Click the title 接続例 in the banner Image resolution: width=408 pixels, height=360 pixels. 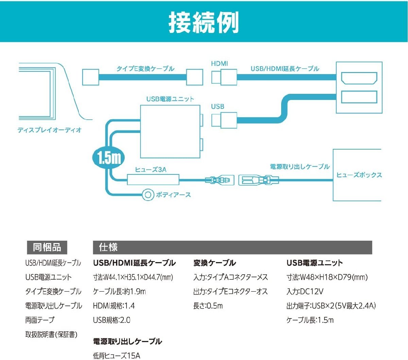click(x=204, y=22)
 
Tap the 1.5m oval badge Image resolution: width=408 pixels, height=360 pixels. click(x=109, y=158)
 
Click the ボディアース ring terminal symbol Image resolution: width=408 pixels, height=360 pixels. click(x=148, y=195)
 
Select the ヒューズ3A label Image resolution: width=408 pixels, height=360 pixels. click(x=151, y=169)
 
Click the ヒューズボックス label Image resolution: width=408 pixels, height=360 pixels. click(x=359, y=175)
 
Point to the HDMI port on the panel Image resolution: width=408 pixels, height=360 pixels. click(x=359, y=78)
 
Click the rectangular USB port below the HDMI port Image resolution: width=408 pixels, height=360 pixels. click(x=359, y=97)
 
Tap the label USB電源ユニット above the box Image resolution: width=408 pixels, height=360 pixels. click(x=170, y=99)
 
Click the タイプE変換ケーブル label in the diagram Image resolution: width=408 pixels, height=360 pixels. click(x=145, y=69)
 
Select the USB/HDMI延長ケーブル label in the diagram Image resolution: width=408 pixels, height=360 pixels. click(x=285, y=69)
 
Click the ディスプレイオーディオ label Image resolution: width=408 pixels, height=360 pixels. click(x=50, y=130)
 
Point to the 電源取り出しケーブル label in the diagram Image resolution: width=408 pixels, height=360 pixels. click(x=300, y=167)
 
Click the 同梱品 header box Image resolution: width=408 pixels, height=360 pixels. click(x=47, y=247)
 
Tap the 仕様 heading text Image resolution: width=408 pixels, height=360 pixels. click(x=108, y=247)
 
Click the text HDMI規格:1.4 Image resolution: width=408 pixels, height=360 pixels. click(x=114, y=306)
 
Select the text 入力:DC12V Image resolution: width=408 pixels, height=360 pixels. click(x=305, y=291)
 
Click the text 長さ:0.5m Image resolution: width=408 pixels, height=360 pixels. click(x=208, y=306)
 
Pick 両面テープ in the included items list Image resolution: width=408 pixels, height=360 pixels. click(x=39, y=320)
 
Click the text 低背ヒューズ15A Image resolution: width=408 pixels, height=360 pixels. click(x=117, y=356)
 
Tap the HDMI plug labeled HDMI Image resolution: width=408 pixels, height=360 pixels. click(x=224, y=77)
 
